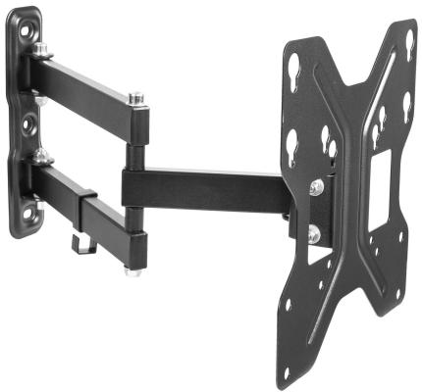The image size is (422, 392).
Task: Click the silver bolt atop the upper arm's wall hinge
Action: [x=41, y=50]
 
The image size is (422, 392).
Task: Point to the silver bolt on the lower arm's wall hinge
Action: [x=41, y=154]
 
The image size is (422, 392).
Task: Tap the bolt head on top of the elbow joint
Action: [x=135, y=98]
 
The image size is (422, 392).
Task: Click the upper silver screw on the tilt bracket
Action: [x=316, y=186]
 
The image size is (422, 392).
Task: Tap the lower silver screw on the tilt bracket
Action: [x=314, y=232]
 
